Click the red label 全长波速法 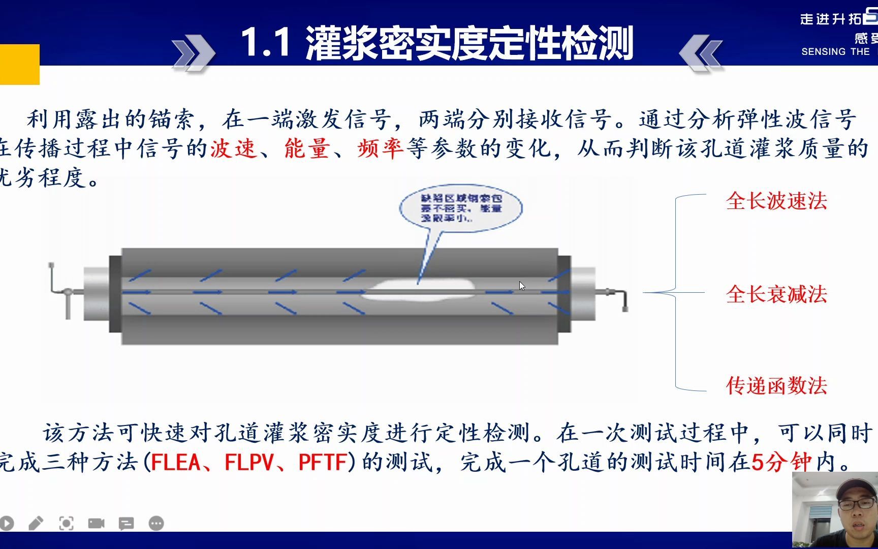776,201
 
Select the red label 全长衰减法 776,294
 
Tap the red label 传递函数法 776,386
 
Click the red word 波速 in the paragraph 234,148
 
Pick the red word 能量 307,148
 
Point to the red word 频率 381,148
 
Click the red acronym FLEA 176,462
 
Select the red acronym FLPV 249,462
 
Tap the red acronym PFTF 323,462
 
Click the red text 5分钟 782,462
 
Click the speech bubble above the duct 460,208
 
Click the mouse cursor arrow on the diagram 522,286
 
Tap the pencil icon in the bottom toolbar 36,523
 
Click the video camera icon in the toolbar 96,523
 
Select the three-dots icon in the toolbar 156,523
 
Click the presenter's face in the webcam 853,508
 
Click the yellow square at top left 19,64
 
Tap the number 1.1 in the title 265,43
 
